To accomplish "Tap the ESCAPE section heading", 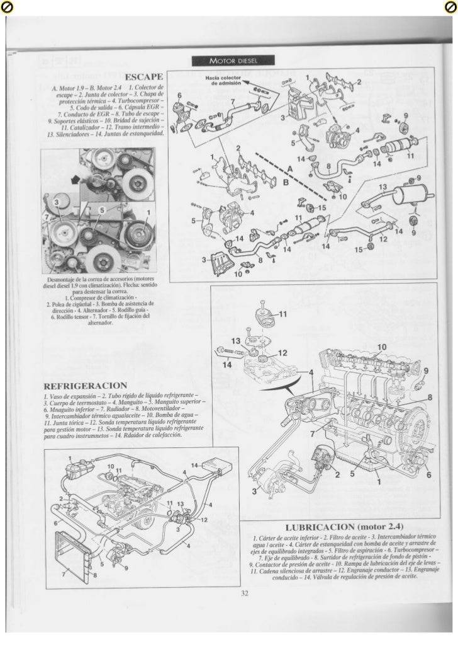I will [x=145, y=76].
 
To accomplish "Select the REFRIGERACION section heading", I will [x=85, y=385].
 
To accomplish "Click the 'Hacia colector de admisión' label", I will [x=218, y=80].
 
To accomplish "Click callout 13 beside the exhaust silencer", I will [x=382, y=187].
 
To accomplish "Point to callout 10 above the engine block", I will [x=382, y=348].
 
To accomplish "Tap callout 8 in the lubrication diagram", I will [x=430, y=398].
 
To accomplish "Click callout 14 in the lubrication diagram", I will [x=226, y=364].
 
